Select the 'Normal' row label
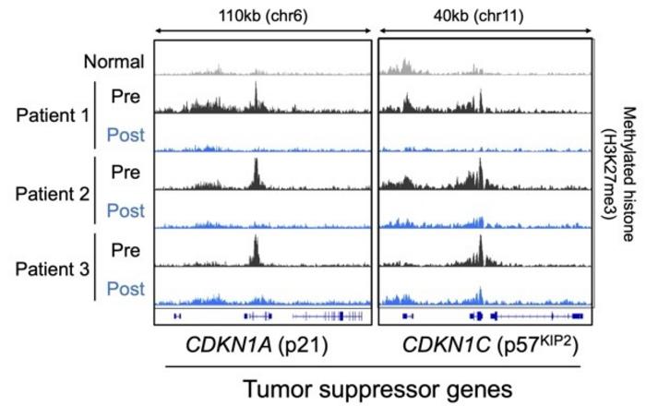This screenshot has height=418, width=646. click(x=114, y=63)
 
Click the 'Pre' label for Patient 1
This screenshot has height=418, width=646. click(x=126, y=95)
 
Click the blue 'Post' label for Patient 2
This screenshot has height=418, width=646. click(x=126, y=211)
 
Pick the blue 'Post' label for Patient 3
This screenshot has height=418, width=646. click(x=126, y=289)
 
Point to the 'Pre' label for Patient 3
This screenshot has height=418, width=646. click(x=126, y=250)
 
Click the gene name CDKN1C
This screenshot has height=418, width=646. click(x=443, y=346)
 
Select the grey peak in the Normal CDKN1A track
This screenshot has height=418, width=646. click(x=218, y=67)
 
